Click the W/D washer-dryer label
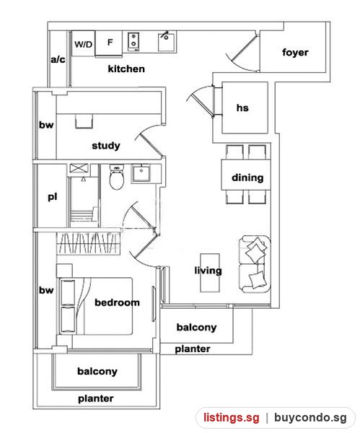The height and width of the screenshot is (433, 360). pyautogui.click(x=84, y=44)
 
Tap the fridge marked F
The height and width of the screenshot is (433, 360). pyautogui.click(x=108, y=43)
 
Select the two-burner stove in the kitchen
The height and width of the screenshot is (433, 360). pyautogui.click(x=133, y=42)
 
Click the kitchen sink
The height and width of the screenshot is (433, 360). pyautogui.click(x=167, y=42)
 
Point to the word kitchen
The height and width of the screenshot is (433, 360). pyautogui.click(x=126, y=69)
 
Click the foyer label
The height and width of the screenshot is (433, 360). pyautogui.click(x=295, y=52)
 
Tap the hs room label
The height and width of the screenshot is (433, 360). pyautogui.click(x=242, y=108)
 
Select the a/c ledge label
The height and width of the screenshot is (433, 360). pyautogui.click(x=58, y=59)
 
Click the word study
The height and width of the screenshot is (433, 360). pyautogui.click(x=106, y=146)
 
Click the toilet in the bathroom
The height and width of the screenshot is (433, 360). pyautogui.click(x=116, y=177)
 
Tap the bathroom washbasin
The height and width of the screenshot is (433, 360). pyautogui.click(x=141, y=173)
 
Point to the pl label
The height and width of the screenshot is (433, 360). pyautogui.click(x=53, y=197)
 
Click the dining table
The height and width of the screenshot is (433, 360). pyautogui.click(x=246, y=175)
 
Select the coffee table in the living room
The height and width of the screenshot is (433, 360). pyautogui.click(x=210, y=273)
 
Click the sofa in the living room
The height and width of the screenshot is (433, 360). pyautogui.click(x=255, y=264)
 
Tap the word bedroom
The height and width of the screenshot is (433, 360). pyautogui.click(x=117, y=302)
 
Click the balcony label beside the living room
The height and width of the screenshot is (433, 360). pyautogui.click(x=196, y=327)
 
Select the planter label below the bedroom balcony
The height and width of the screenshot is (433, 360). pyautogui.click(x=95, y=398)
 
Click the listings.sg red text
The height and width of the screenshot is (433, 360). pyautogui.click(x=232, y=418)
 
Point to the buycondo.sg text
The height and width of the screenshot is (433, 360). pyautogui.click(x=310, y=418)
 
